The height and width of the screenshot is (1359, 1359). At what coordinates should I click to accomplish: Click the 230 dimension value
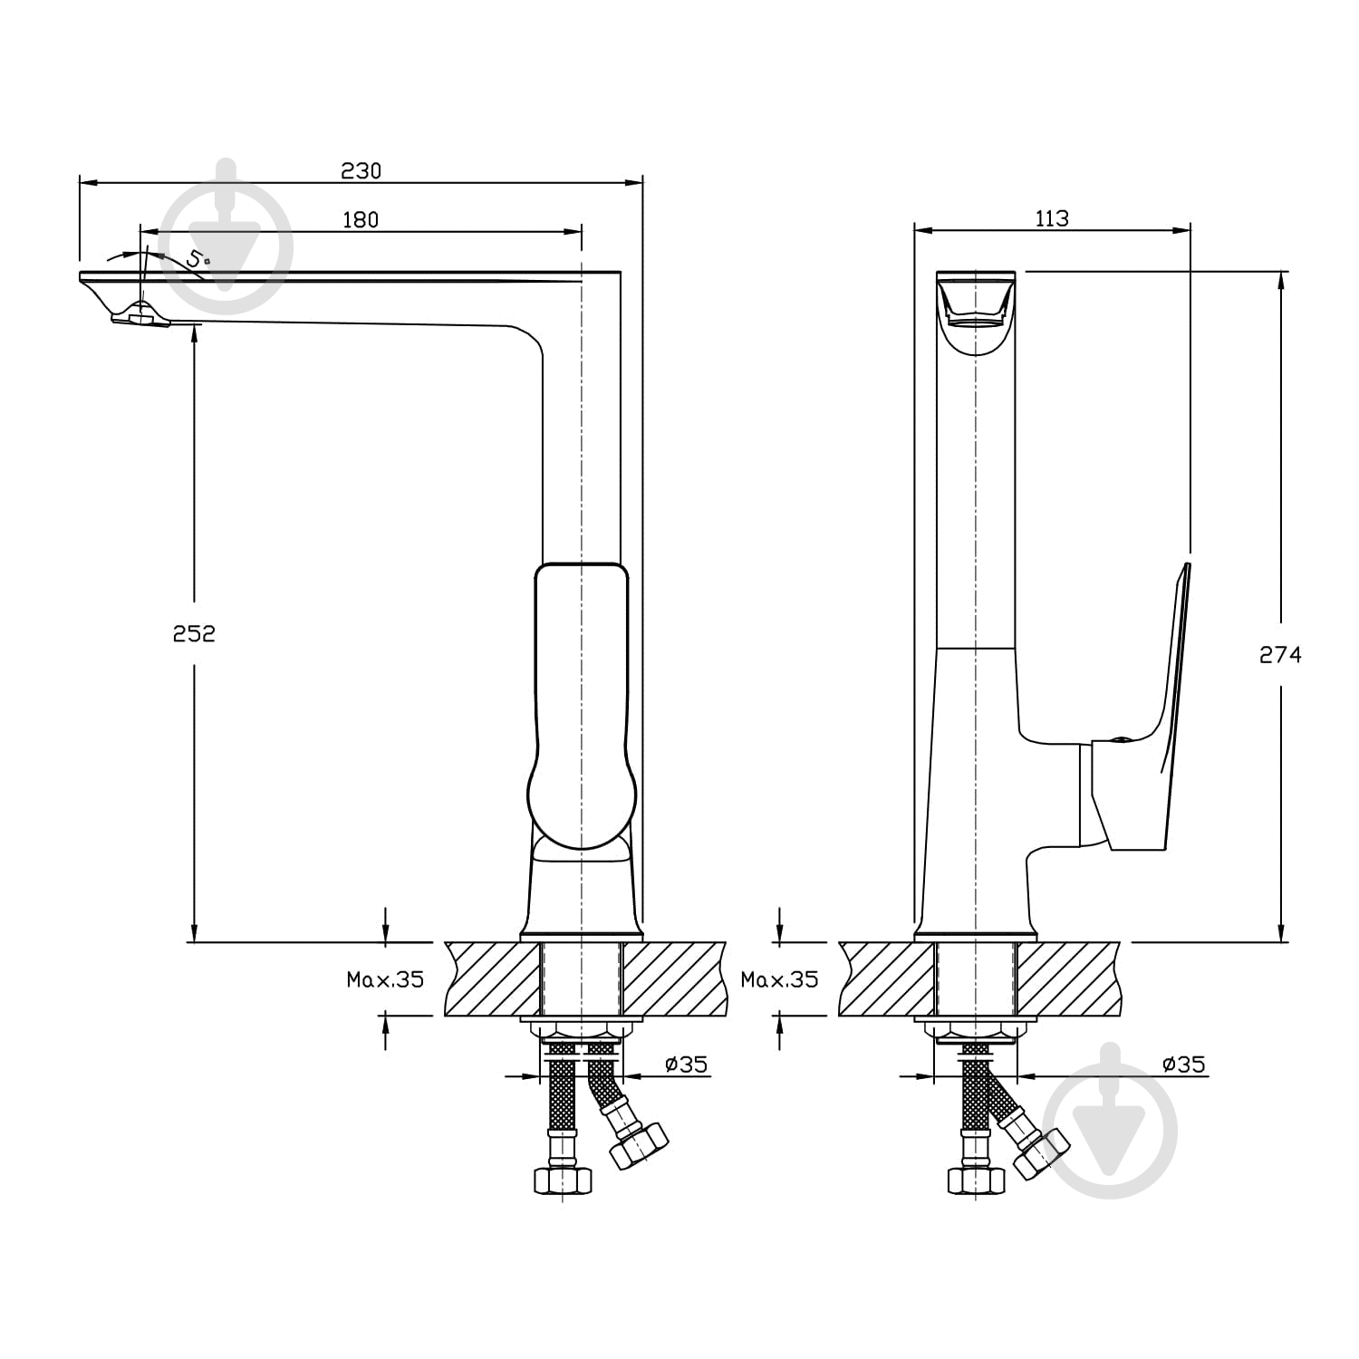coord(361,170)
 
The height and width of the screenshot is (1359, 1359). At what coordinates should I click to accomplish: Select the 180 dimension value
coord(361,219)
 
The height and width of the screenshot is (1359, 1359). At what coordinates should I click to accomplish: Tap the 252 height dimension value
coord(194,633)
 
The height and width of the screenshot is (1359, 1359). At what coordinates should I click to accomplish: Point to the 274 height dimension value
coord(1280,654)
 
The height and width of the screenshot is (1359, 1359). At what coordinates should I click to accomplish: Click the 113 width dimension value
coord(1051,218)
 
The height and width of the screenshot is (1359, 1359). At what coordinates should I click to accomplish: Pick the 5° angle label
coord(198,257)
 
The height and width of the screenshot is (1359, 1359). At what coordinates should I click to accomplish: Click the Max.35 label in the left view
coord(385,979)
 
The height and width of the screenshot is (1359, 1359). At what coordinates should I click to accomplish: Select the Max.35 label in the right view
coord(779,979)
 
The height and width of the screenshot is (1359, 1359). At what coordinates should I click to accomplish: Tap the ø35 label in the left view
coord(686,1064)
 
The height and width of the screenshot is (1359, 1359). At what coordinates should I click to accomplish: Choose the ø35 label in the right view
coord(1183,1064)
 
